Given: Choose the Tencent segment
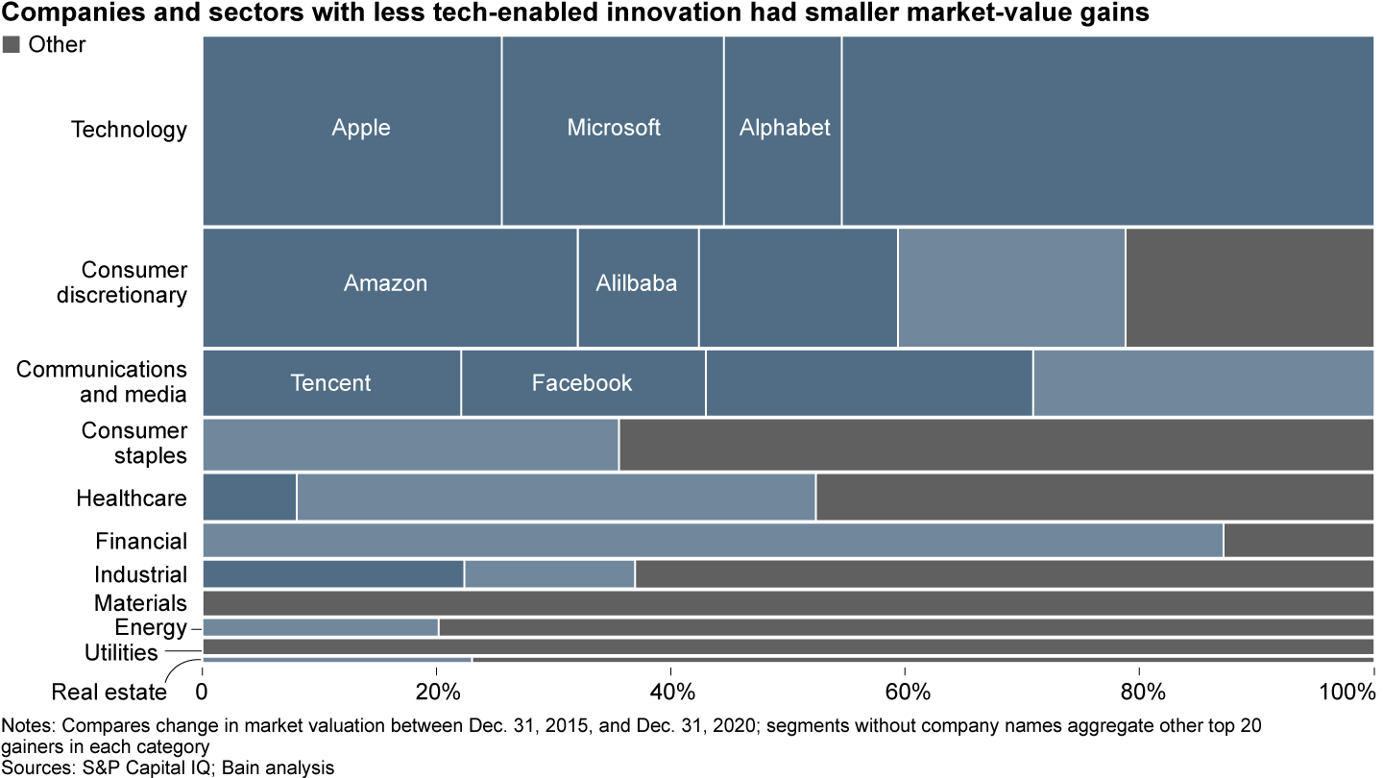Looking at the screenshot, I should click(x=331, y=383).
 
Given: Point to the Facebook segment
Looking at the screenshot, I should click(x=583, y=383).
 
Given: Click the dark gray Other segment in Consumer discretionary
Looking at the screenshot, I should click(x=1249, y=286).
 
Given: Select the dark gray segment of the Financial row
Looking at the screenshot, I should click(x=1298, y=540).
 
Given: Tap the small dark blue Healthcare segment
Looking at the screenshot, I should click(x=250, y=497).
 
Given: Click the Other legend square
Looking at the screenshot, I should click(x=12, y=44).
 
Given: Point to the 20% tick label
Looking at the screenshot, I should click(x=436, y=692).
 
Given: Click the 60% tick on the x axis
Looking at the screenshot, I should click(x=905, y=692).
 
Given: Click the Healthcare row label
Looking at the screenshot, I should click(x=132, y=498).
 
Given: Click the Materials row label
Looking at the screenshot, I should click(x=140, y=603).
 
